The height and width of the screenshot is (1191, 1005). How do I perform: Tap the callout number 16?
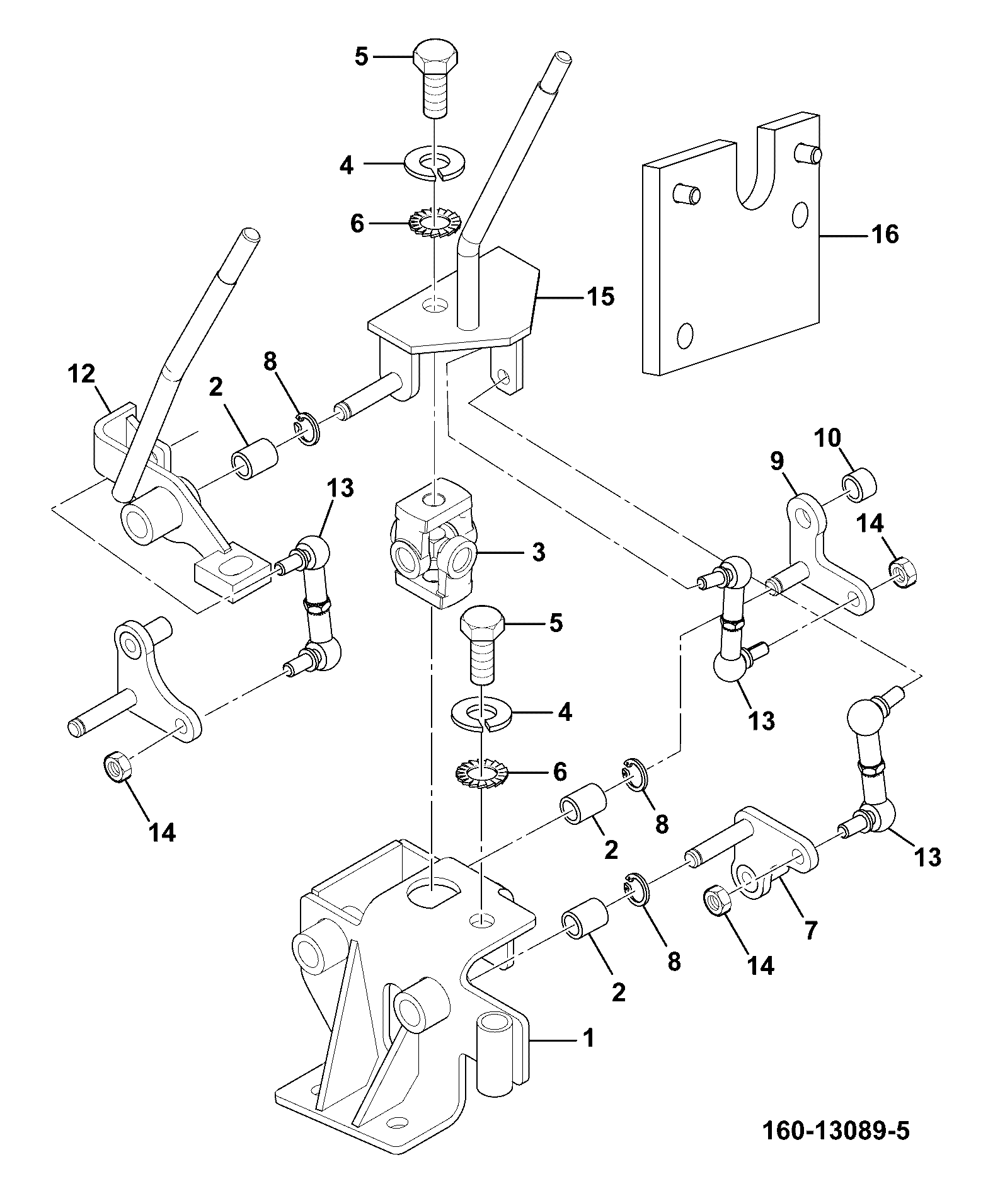pos(885,234)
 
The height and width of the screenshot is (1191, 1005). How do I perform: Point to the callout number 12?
pos(81,374)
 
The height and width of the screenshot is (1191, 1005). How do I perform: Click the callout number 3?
pos(538,553)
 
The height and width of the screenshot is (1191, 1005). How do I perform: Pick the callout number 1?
pos(589,1038)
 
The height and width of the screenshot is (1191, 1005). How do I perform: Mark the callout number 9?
pos(776,461)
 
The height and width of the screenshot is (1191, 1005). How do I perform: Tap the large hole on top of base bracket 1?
pos(434,892)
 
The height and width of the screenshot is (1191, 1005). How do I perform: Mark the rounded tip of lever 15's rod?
pos(563,60)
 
